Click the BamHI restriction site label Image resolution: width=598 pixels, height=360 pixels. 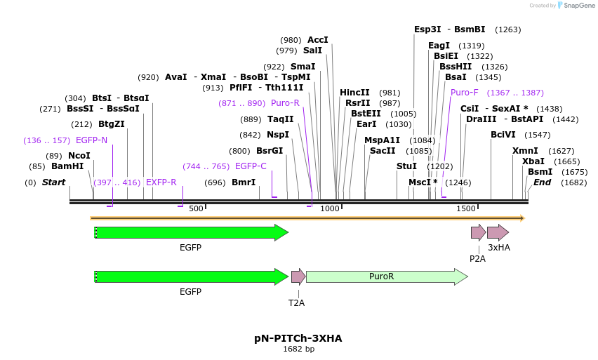[67, 166]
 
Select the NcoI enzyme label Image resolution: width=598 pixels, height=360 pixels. [79, 155]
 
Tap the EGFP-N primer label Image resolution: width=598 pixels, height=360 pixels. [91, 140]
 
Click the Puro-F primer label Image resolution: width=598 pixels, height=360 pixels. [465, 93]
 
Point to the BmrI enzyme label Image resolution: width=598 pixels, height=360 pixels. [244, 182]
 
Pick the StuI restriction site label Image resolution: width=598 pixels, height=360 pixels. [406, 166]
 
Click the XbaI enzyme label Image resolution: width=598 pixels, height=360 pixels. [533, 161]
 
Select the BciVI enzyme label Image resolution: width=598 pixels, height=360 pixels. [503, 135]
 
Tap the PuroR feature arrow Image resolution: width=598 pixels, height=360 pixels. [387, 276]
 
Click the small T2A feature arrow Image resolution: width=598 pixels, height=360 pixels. [298, 276]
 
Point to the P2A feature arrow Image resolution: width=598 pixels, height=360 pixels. [478, 232]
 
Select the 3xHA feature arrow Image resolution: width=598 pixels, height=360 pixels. [498, 232]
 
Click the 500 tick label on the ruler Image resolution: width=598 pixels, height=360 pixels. [196, 208]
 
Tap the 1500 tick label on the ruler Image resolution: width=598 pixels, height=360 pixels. [466, 208]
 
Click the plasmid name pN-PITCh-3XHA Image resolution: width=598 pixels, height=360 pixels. [298, 338]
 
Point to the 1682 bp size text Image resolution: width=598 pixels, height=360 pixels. [298, 349]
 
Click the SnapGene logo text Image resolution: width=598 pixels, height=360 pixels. [578, 6]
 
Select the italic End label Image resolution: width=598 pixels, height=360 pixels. [543, 182]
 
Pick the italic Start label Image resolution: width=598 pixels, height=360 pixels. [53, 182]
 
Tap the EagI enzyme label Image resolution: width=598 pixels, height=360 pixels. [439, 46]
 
